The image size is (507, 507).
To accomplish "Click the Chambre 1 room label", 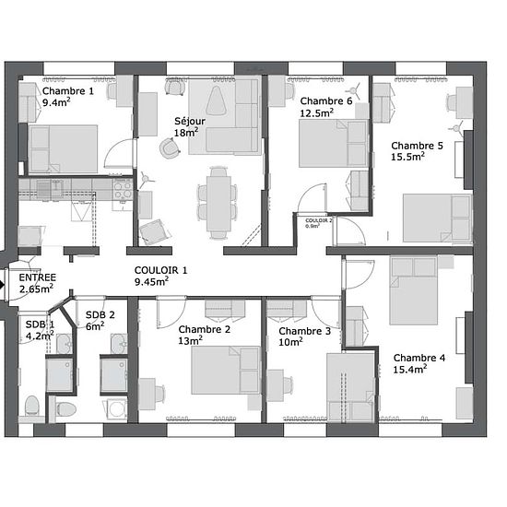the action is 68,91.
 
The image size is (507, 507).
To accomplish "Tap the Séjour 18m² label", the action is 190,127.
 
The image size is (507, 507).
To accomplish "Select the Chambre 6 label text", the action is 326,100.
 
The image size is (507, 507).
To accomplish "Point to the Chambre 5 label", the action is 417,146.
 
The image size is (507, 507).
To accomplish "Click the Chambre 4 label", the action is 419,358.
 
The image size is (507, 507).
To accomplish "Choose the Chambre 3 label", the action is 304,331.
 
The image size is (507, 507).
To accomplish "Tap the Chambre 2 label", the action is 205,329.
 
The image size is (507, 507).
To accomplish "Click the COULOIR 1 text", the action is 160,270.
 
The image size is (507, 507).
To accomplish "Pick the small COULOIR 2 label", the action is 319,220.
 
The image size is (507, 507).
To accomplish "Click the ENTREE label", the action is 38,277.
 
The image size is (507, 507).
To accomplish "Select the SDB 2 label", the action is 100,314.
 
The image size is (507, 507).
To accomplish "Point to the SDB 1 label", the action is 40,324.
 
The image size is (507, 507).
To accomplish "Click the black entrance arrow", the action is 2,285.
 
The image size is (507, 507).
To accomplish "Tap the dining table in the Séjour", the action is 218,203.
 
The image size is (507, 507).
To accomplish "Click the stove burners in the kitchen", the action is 123,190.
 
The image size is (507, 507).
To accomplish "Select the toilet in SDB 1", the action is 31,406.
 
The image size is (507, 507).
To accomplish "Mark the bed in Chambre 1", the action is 63,149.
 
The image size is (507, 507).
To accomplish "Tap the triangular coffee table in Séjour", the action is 217,100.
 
